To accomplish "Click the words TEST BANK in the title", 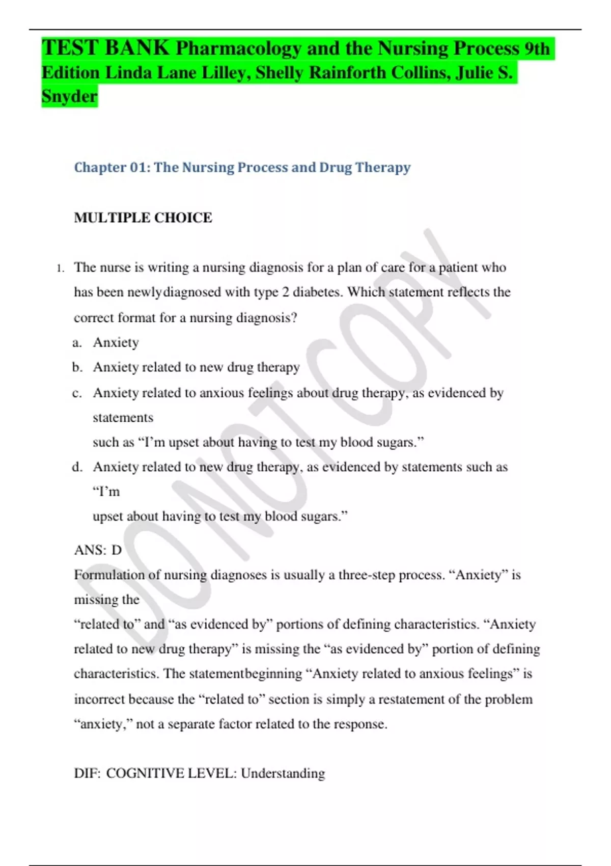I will pos(105,48).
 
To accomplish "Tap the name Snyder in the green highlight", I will pos(69,96).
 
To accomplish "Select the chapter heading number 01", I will pos(138,167).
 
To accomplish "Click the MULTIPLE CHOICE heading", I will pos(143,218).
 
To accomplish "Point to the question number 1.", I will pos(60,268).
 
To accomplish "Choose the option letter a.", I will pos(77,343).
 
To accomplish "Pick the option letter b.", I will pos(77,367).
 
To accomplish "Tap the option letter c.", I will pos(77,393).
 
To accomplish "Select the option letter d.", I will pos(77,467).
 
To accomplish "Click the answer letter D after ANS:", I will pos(117,550).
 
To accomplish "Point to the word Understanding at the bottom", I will pos(283,773).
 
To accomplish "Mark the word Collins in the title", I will pos(421,73).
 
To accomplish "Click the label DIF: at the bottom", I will pos(87,773).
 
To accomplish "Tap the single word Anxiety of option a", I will pos(116,343).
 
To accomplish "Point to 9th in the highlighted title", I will pos(537,48).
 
